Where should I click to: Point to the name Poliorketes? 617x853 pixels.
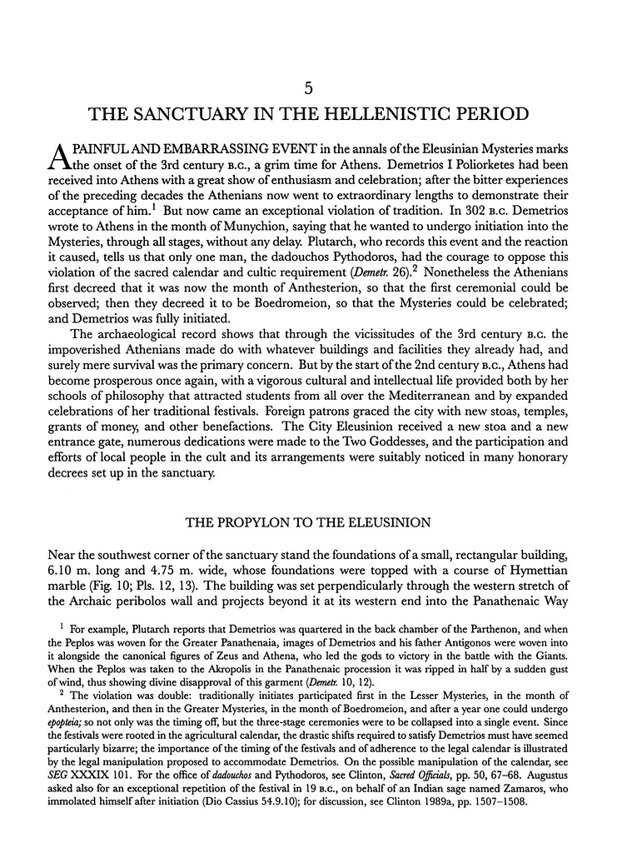456,172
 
